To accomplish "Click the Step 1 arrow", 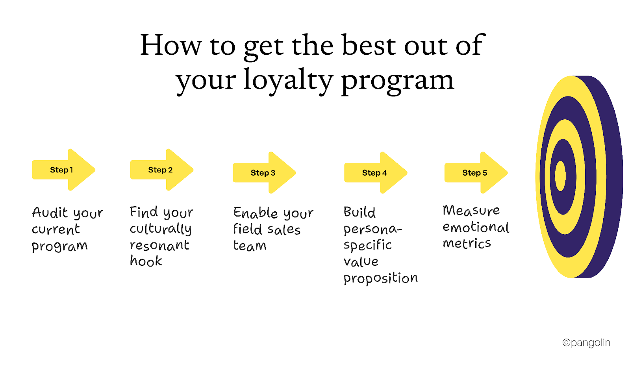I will point(63,170).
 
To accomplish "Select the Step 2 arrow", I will point(161,170).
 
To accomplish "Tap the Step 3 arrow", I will point(263,173).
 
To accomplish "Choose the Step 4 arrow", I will point(375,173).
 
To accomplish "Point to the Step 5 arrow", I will point(475,173).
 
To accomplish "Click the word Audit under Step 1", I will point(50,213).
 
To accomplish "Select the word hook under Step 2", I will point(146,261).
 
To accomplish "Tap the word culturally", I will point(161,229).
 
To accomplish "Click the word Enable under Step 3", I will point(256,213).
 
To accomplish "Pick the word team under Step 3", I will point(250,246).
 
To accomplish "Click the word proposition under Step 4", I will point(380,278).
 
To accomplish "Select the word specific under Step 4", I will point(367,245).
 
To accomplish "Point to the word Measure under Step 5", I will point(471,210).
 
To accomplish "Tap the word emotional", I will point(476,227).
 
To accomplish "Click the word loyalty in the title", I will point(288,80).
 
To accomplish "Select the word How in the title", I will point(170,45).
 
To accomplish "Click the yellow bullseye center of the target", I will point(560,176).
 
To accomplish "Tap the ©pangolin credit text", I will point(586,343).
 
